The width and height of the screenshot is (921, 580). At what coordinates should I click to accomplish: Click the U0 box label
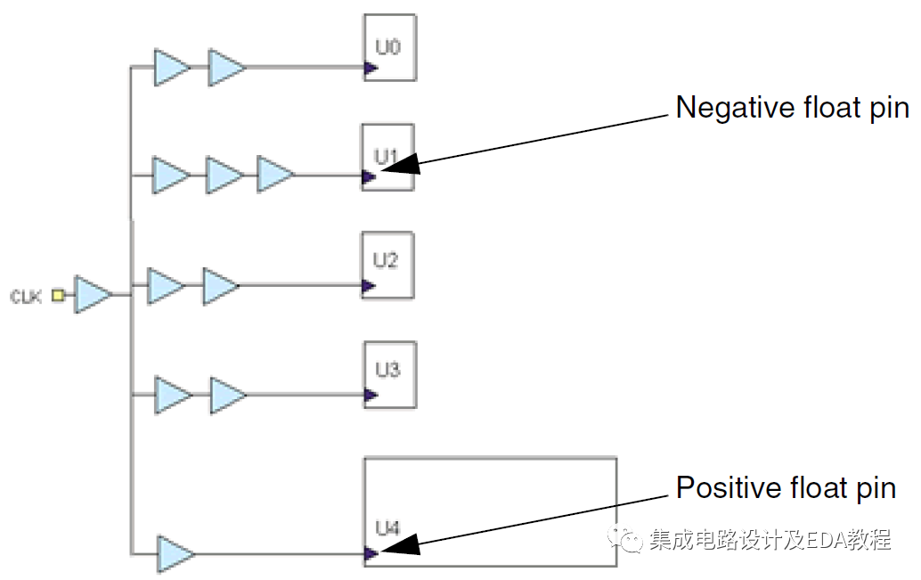pyautogui.click(x=387, y=46)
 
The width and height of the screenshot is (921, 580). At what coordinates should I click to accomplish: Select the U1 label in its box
pyautogui.click(x=385, y=156)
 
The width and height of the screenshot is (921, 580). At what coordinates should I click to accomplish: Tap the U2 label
pyautogui.click(x=385, y=260)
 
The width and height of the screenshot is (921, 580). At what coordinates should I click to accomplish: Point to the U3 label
pyautogui.click(x=387, y=370)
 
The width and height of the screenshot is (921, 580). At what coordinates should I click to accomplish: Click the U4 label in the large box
pyautogui.click(x=387, y=529)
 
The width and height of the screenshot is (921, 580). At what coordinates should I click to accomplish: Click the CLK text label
pyautogui.click(x=26, y=296)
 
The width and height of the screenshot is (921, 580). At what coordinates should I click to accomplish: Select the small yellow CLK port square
pyautogui.click(x=58, y=295)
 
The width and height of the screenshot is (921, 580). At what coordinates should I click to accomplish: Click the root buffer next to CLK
pyautogui.click(x=92, y=295)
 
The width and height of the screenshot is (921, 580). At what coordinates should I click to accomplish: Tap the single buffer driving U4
pyautogui.click(x=175, y=554)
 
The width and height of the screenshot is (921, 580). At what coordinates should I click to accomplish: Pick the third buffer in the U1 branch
pyautogui.click(x=274, y=176)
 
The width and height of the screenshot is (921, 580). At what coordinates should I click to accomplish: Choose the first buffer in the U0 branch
pyautogui.click(x=171, y=68)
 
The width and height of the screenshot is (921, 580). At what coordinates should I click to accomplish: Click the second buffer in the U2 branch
pyautogui.click(x=220, y=286)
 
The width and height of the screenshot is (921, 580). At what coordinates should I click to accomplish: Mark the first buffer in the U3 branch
pyautogui.click(x=173, y=395)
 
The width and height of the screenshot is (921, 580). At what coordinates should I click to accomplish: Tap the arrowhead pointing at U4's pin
pyautogui.click(x=400, y=544)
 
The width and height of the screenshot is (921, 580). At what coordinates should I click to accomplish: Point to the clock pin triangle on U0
pyautogui.click(x=369, y=67)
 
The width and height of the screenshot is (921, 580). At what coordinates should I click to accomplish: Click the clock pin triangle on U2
pyautogui.click(x=368, y=286)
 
